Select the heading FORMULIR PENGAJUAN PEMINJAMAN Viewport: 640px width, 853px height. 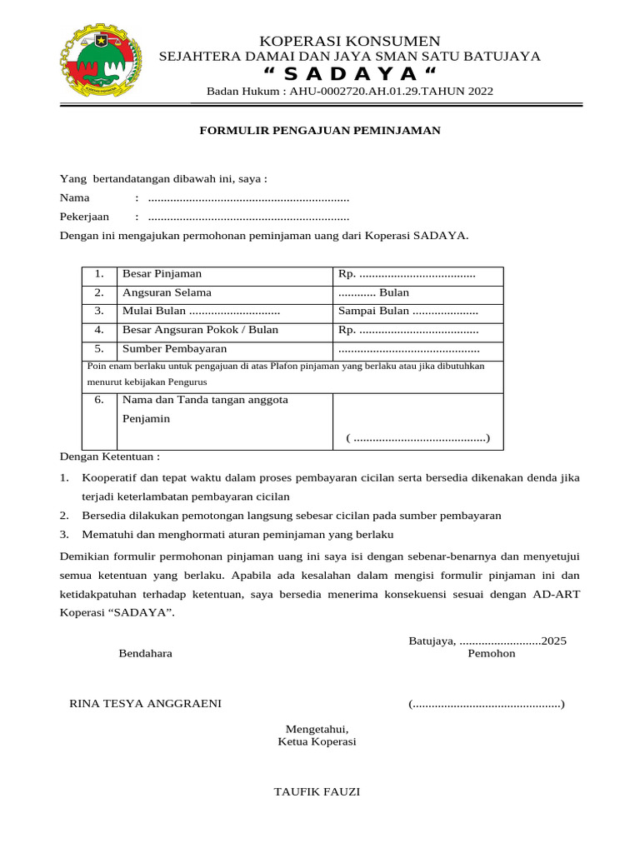320,131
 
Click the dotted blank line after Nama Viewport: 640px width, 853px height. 247,199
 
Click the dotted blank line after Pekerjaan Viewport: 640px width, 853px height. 247,217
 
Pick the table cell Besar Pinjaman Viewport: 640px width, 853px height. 162,274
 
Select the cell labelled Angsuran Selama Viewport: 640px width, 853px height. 167,293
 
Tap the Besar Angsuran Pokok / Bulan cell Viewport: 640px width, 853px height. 200,330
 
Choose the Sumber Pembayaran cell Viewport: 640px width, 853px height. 174,349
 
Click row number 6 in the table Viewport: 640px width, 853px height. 99,400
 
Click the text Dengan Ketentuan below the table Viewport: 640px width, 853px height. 109,456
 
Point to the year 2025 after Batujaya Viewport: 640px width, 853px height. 553,641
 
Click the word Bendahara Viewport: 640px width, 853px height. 146,654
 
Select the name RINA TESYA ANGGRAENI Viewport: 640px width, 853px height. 145,704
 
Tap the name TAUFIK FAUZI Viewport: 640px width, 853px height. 317,791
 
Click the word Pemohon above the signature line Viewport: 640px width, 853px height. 492,654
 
